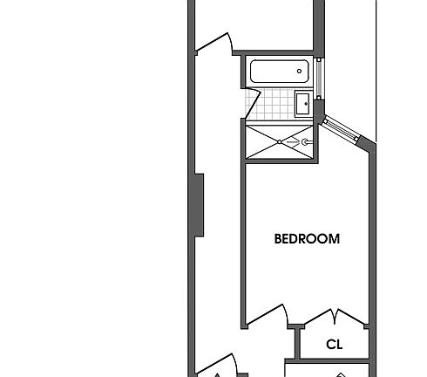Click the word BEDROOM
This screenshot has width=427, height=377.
(307, 238)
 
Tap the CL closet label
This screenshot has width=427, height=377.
(335, 345)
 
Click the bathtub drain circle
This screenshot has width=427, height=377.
(299, 72)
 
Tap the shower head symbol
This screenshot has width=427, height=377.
(305, 140)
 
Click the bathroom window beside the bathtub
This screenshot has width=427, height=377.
(320, 78)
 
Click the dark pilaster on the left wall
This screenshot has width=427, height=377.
(199, 204)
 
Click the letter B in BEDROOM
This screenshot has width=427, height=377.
(278, 238)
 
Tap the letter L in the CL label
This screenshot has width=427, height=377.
(339, 345)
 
